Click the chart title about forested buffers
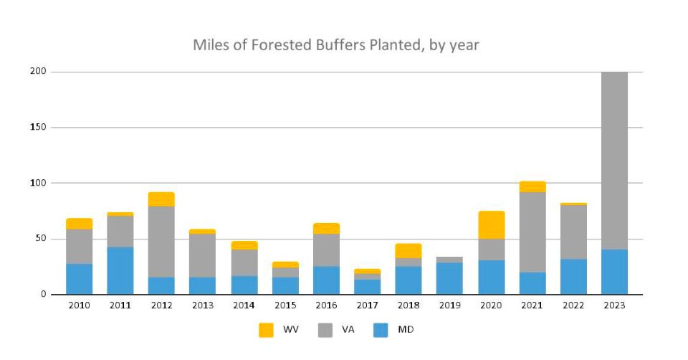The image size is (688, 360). [x=335, y=45]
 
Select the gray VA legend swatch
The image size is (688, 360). [x=325, y=330]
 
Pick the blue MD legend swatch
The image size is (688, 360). [x=381, y=330]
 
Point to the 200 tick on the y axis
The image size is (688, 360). [x=37, y=72]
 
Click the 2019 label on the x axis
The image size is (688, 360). [x=449, y=305]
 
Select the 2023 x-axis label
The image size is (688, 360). [x=614, y=305]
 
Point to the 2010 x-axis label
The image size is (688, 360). [x=79, y=305]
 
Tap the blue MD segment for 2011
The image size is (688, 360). [x=120, y=270]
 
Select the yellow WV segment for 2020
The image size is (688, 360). [x=491, y=224]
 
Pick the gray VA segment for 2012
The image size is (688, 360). [x=161, y=241]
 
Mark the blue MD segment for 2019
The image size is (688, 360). [x=449, y=278]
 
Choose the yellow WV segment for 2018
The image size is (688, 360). [x=408, y=250]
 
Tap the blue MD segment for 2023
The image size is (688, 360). [x=614, y=272]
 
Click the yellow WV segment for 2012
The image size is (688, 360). [x=161, y=199]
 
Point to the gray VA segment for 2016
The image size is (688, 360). [x=326, y=250]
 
